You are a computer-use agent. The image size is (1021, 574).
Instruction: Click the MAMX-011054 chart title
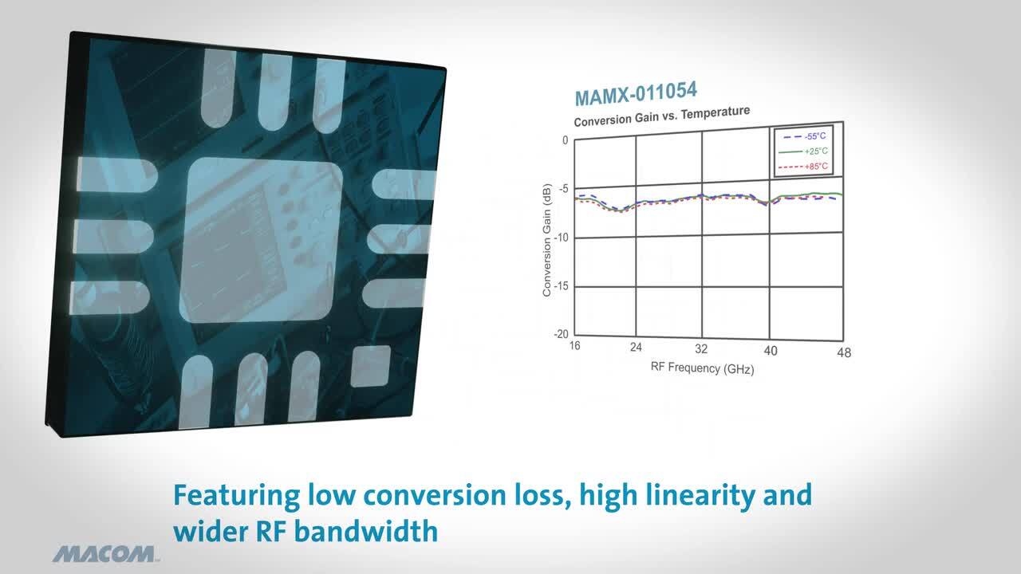click(636, 94)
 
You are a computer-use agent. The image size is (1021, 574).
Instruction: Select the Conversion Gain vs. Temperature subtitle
click(662, 116)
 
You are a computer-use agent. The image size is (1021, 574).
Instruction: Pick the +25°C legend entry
click(803, 151)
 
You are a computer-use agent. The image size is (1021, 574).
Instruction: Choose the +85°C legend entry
click(803, 167)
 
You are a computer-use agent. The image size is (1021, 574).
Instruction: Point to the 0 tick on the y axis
click(566, 140)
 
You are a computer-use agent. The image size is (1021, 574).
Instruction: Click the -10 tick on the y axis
click(562, 238)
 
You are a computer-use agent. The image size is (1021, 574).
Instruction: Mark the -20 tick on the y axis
click(561, 334)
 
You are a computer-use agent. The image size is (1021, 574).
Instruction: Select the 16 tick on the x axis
click(575, 346)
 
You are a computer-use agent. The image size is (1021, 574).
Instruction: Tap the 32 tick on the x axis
click(701, 349)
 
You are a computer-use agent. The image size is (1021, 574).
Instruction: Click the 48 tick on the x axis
click(844, 352)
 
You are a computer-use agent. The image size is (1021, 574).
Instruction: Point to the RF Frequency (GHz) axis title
click(703, 368)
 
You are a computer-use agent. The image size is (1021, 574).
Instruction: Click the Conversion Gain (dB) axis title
click(547, 240)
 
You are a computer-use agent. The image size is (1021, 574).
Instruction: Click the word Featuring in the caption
click(237, 496)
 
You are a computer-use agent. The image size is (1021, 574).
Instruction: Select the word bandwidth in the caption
click(365, 531)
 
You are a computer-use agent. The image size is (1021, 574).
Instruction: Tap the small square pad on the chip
click(371, 366)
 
